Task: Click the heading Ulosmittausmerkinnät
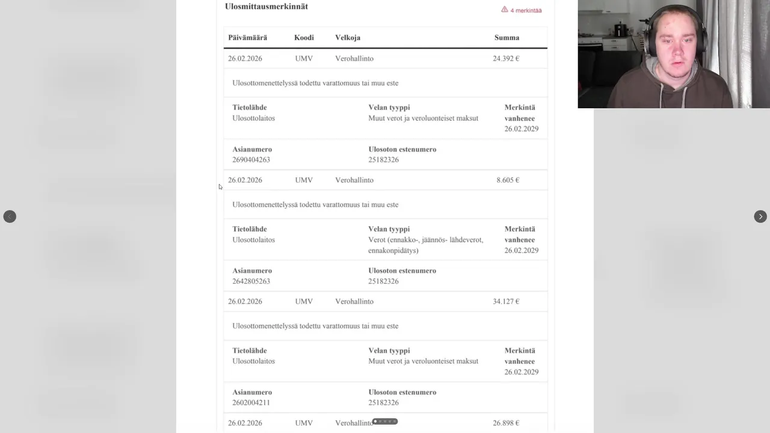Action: [266, 7]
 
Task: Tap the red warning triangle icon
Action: [505, 10]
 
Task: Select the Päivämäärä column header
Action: [247, 37]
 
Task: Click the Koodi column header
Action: [304, 37]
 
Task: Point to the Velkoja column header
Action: [348, 37]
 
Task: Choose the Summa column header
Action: [507, 37]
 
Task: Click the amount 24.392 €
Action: [506, 59]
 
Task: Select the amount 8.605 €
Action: [508, 180]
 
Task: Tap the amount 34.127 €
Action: [506, 302]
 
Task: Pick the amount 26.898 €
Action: [506, 423]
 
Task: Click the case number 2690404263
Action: [251, 160]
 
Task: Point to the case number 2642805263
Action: [251, 281]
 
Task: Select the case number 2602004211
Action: [251, 403]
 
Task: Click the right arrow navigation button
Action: [760, 216]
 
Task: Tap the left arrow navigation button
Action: [10, 216]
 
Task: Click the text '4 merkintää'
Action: [526, 11]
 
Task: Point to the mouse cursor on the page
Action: [221, 187]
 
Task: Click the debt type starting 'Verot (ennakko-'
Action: [425, 245]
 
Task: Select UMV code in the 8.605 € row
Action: [304, 180]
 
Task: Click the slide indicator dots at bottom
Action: [385, 422]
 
